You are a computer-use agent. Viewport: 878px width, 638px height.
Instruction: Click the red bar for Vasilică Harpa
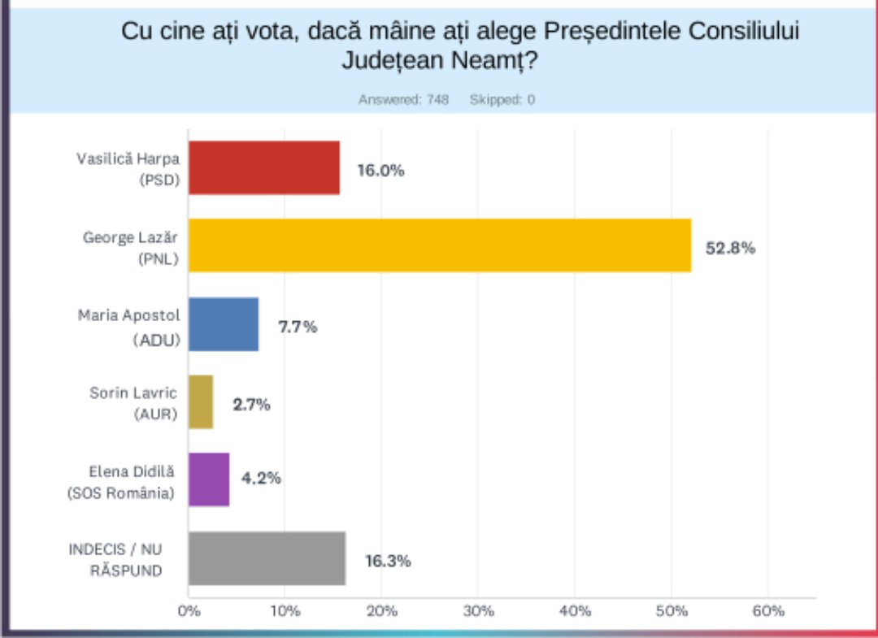pyautogui.click(x=264, y=167)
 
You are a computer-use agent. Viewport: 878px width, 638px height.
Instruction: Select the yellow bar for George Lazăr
pyautogui.click(x=440, y=245)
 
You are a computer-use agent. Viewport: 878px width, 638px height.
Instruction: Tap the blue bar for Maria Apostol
pyautogui.click(x=224, y=323)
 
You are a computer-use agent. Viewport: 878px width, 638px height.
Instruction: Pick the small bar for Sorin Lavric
pyautogui.click(x=201, y=401)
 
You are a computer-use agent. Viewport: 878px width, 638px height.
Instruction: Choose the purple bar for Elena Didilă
pyautogui.click(x=209, y=480)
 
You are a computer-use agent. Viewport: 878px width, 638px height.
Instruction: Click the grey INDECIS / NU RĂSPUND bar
pyautogui.click(x=267, y=558)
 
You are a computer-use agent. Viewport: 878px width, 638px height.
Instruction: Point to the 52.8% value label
pyautogui.click(x=730, y=248)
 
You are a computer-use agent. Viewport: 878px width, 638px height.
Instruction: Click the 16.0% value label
pyautogui.click(x=380, y=171)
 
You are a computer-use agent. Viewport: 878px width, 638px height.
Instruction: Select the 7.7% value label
pyautogui.click(x=298, y=327)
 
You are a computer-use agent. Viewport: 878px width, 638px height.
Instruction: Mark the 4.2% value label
pyautogui.click(x=261, y=478)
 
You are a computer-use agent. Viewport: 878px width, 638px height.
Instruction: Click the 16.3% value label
pyautogui.click(x=387, y=560)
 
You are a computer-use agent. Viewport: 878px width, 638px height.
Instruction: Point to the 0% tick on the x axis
pyautogui.click(x=189, y=611)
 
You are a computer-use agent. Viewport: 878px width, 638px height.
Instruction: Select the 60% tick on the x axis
pyautogui.click(x=767, y=611)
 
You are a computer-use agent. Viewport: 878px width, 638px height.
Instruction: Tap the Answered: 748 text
pyautogui.click(x=403, y=100)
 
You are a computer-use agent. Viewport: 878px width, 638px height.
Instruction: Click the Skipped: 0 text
pyautogui.click(x=502, y=100)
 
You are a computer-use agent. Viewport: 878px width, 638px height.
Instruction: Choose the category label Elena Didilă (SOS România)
pyautogui.click(x=122, y=482)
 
